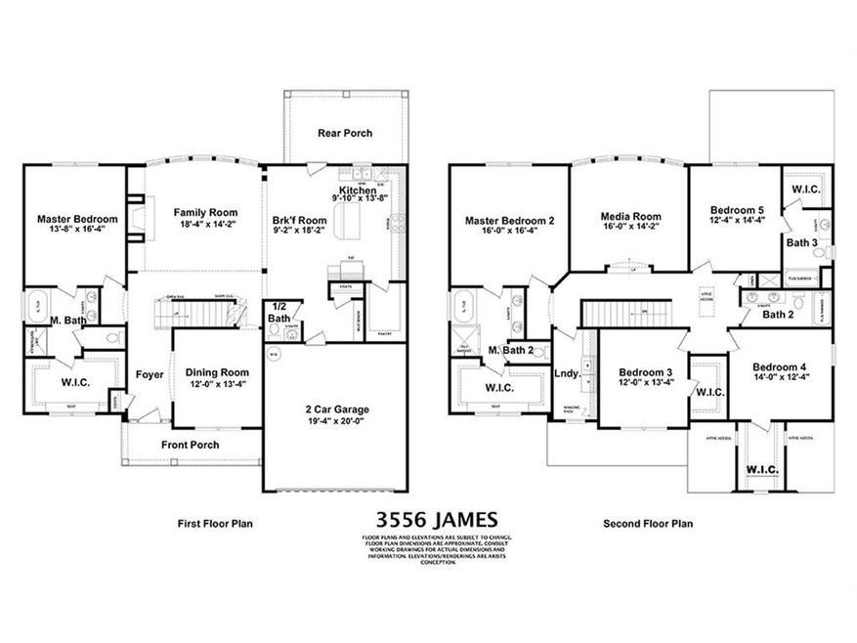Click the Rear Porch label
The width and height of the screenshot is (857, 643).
pyautogui.click(x=345, y=134)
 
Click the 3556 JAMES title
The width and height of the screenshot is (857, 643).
pyautogui.click(x=428, y=517)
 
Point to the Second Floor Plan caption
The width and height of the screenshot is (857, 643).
pyautogui.click(x=648, y=523)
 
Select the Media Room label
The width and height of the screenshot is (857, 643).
pyautogui.click(x=630, y=217)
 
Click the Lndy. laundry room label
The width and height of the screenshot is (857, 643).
pyautogui.click(x=569, y=373)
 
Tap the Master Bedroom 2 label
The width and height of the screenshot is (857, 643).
pyautogui.click(x=509, y=221)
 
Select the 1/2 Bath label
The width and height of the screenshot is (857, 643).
pyautogui.click(x=279, y=313)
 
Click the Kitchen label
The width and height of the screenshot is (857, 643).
pyautogui.click(x=357, y=190)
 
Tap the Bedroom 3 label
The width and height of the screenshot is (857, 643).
pyautogui.click(x=645, y=372)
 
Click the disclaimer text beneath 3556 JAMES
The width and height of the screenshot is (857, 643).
pyautogui.click(x=428, y=550)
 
